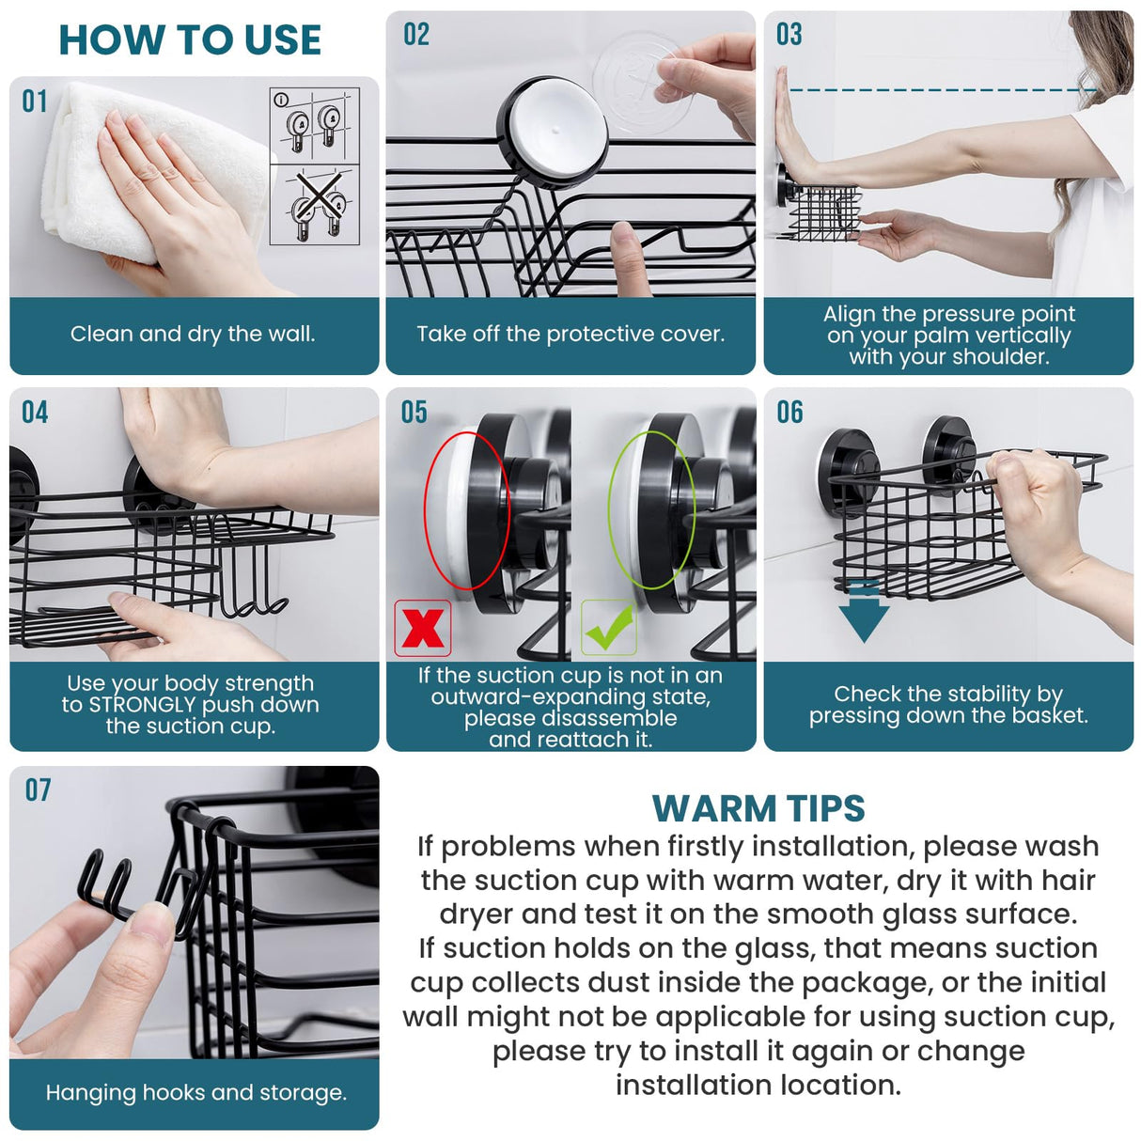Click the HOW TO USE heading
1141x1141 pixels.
190,40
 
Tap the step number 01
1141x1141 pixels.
35,102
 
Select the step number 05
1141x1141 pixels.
414,413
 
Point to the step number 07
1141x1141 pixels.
38,790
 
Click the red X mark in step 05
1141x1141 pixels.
422,628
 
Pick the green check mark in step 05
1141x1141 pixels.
608,628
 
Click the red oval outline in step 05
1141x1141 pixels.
466,510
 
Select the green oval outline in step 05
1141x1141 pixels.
651,510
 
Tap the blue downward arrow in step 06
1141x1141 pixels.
864,613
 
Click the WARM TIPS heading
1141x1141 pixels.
758,808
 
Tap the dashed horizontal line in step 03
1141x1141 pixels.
940,90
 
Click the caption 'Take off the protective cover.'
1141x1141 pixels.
570,335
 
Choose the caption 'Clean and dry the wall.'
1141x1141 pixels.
193,335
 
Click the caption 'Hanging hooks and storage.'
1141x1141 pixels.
195,1092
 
